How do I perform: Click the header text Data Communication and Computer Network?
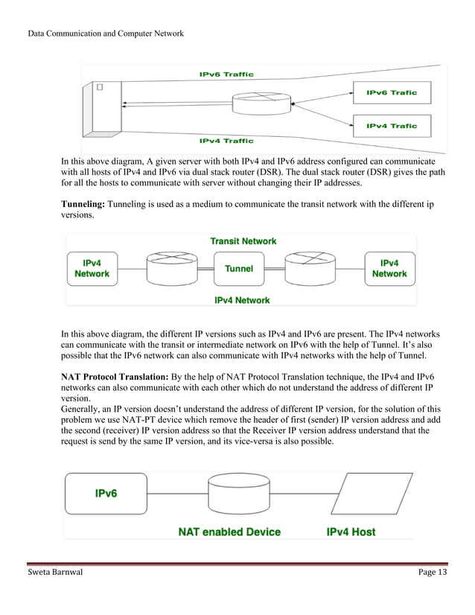click(105, 34)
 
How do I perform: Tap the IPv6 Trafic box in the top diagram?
click(392, 93)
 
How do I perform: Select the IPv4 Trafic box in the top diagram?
click(392, 126)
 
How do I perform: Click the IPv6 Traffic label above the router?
click(226, 74)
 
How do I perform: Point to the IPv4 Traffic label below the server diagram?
click(226, 141)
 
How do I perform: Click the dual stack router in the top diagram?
click(260, 103)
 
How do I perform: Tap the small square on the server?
click(98, 88)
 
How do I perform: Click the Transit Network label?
click(243, 241)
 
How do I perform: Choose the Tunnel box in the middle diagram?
click(239, 269)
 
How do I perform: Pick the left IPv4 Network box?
click(92, 269)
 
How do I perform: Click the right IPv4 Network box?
click(389, 269)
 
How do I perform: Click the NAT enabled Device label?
click(229, 532)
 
